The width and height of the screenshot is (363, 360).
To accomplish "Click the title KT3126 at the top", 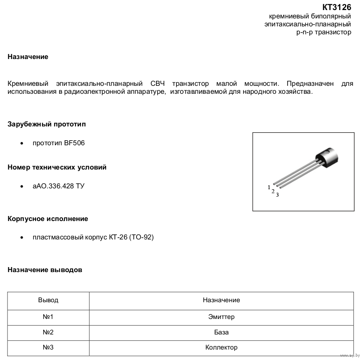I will [x=337, y=7].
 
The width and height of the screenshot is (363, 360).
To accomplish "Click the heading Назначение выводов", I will [x=45, y=270].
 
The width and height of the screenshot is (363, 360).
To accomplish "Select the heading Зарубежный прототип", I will [x=47, y=124].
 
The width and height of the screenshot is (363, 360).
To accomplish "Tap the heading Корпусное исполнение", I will [x=48, y=219].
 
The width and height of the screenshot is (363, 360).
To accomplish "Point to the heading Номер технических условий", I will [x=57, y=167].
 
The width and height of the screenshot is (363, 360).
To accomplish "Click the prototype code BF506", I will [x=74, y=143].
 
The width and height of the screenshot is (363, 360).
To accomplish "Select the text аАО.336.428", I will [x=53, y=186].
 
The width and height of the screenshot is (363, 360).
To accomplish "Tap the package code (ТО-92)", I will [x=142, y=237].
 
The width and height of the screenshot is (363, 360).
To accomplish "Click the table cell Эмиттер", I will [x=221, y=317].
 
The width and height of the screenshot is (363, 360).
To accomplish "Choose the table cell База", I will [x=221, y=332].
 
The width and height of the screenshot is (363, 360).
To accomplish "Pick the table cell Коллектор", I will [x=221, y=347].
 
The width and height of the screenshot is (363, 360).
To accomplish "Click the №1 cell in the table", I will [x=48, y=317].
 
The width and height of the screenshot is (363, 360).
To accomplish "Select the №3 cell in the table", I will [x=48, y=347].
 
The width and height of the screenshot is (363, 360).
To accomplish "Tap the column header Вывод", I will [x=48, y=300].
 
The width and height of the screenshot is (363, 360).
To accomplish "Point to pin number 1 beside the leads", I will [x=269, y=187].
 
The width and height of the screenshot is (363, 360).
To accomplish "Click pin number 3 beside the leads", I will [x=277, y=195].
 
